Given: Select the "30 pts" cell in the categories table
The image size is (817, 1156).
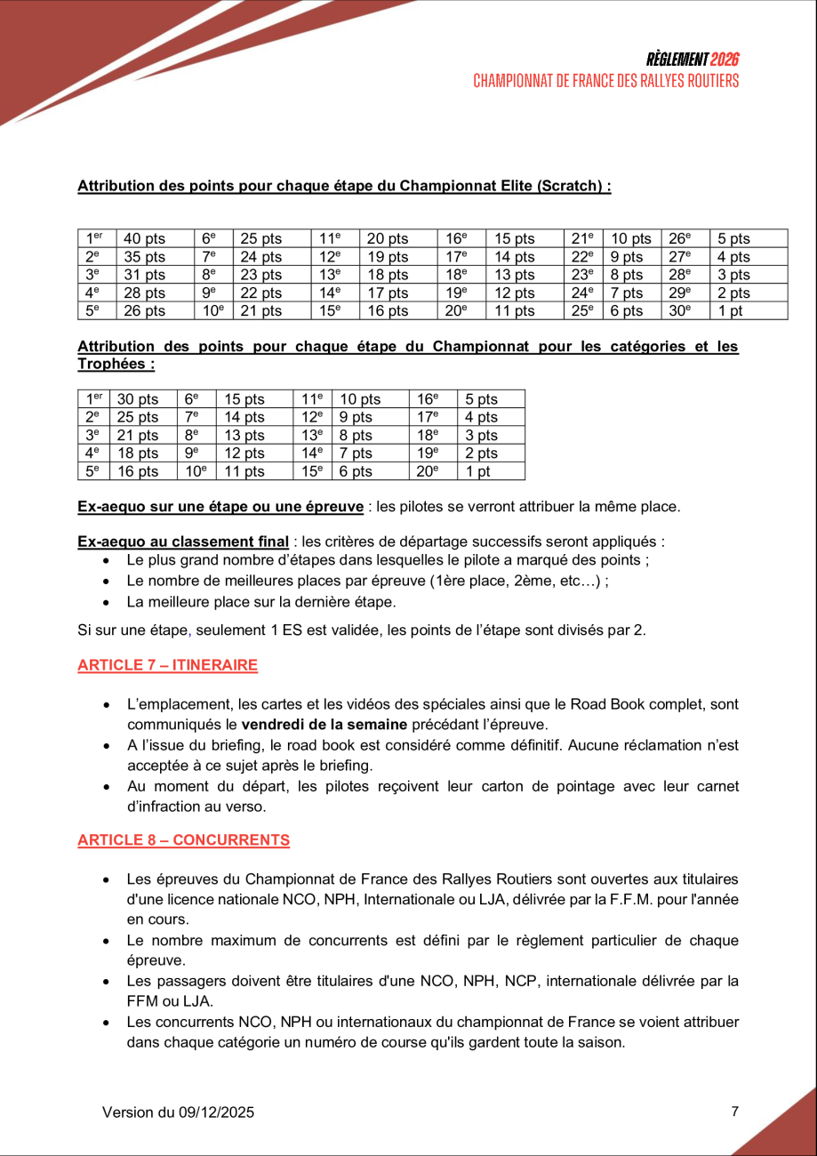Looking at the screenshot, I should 137,399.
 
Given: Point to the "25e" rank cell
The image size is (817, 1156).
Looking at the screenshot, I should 581,310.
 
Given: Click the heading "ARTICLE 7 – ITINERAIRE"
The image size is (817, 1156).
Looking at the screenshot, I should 167,665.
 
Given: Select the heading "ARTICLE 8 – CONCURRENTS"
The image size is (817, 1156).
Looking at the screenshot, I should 183,840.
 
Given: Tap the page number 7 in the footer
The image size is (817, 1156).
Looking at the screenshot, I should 734,1111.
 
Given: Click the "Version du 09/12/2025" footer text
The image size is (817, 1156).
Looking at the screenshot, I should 178,1112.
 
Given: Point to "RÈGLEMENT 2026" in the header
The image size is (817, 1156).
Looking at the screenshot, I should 693,60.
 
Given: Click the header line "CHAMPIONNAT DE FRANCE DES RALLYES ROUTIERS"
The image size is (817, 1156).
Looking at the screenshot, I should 605,81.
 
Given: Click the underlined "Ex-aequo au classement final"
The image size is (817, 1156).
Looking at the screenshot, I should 182,542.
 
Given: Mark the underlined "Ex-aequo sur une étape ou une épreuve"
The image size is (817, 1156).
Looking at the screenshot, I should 220,507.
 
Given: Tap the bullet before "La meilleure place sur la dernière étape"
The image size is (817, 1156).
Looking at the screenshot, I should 107,602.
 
